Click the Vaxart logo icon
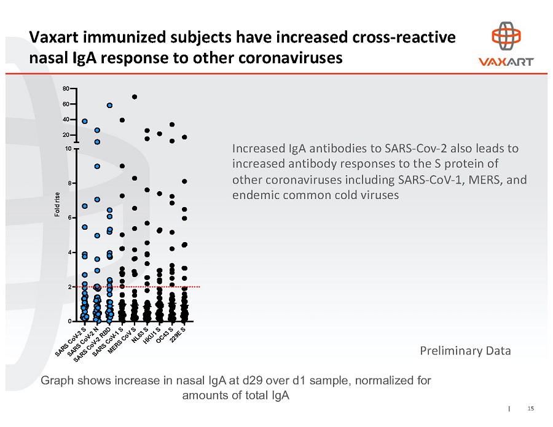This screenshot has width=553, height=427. (506, 37)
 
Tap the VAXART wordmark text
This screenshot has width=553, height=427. (506, 61)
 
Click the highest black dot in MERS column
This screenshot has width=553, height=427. (134, 96)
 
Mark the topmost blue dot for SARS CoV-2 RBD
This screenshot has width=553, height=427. (109, 105)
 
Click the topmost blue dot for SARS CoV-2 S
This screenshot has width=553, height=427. (85, 121)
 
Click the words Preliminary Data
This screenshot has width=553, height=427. (465, 351)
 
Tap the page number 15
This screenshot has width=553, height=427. (530, 408)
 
